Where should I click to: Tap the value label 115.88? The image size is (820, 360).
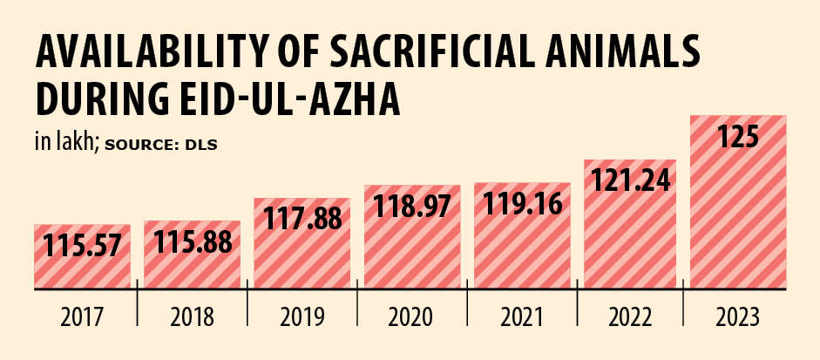point(192,243)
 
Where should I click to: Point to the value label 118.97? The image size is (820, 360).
point(411,207)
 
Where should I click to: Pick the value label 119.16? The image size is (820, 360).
point(521,206)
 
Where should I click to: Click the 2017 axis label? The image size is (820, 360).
point(82,317)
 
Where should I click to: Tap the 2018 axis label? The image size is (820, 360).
point(192,317)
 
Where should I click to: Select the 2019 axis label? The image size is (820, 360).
point(302,317)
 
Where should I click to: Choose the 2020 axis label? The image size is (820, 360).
point(411,317)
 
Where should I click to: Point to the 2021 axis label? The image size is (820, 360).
point(521,317)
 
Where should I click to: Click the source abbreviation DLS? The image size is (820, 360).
point(200,144)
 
